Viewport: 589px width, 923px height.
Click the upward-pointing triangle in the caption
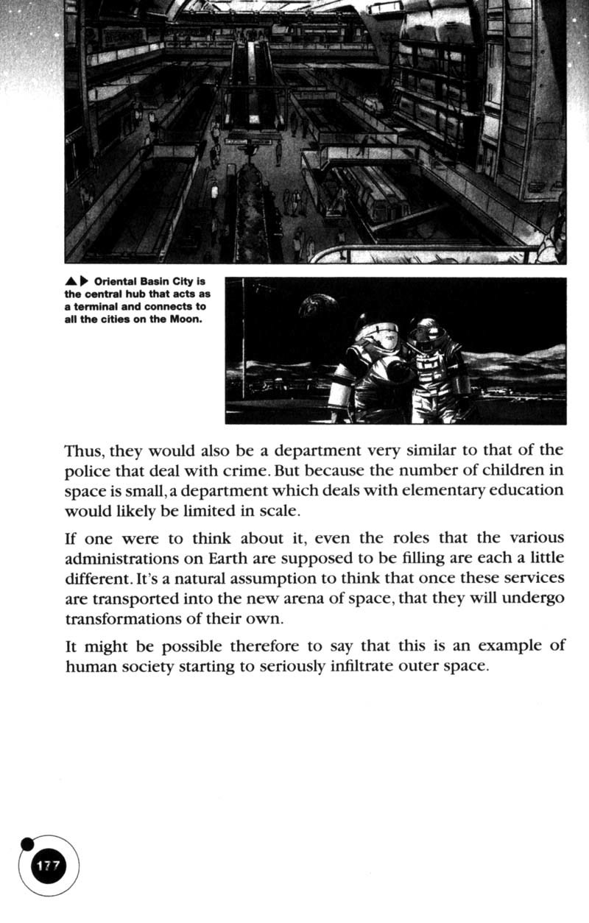(71, 282)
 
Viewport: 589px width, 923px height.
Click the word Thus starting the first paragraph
(83, 450)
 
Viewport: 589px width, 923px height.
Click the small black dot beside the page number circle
(27, 844)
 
